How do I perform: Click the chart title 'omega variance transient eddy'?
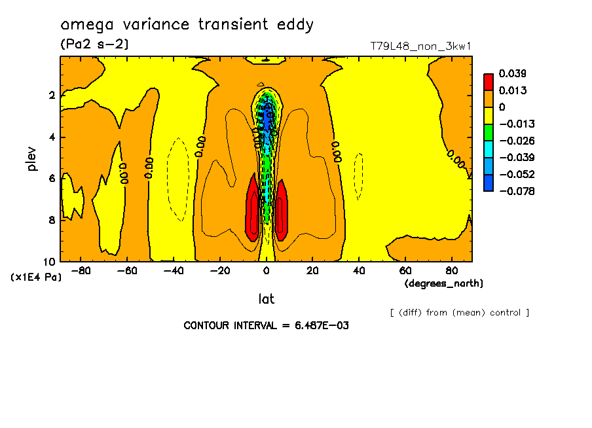[x=187, y=25]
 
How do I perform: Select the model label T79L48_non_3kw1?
[x=420, y=46]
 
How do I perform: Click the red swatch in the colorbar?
[x=489, y=81]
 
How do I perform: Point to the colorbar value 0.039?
[x=513, y=73]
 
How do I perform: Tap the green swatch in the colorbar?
[x=489, y=132]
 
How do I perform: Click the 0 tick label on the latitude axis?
[x=266, y=270]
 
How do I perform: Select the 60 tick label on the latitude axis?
[x=405, y=270]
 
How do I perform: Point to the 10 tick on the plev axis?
[x=51, y=261]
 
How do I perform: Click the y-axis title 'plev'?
[x=32, y=158]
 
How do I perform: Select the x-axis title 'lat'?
[x=266, y=299]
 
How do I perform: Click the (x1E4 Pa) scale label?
[x=37, y=277]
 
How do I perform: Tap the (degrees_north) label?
[x=444, y=283]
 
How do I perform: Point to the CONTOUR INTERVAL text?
[x=266, y=325]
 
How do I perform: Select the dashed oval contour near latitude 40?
[x=358, y=175]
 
